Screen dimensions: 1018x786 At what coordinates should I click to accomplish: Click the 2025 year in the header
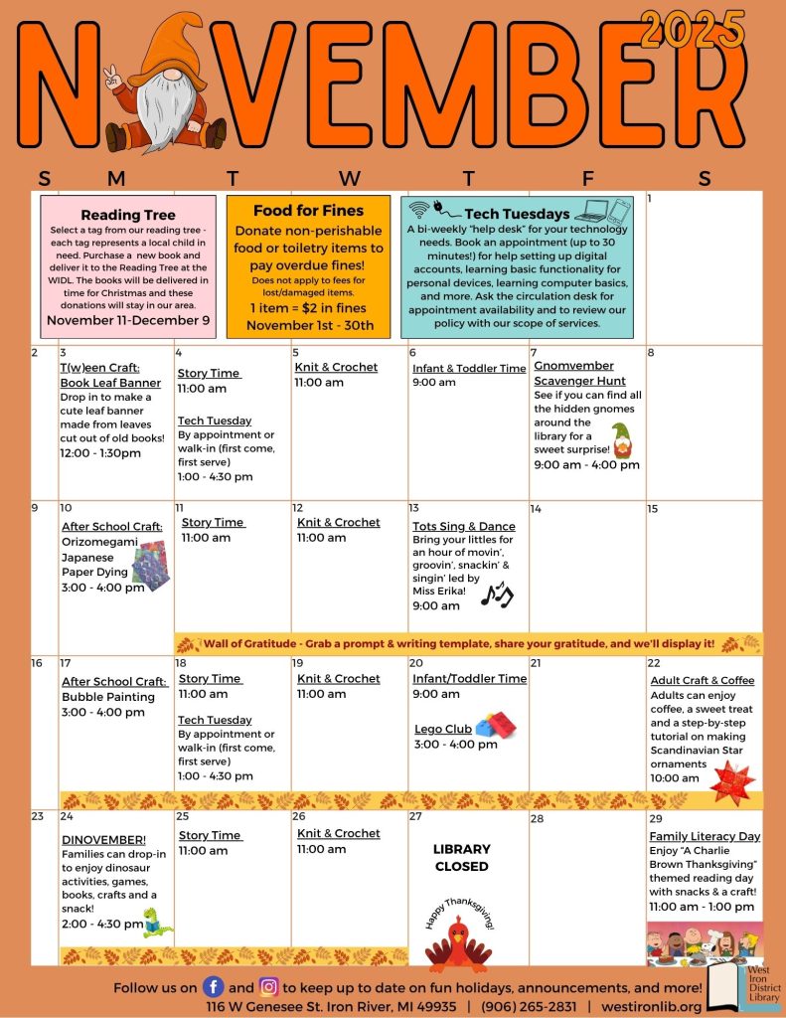[693, 29]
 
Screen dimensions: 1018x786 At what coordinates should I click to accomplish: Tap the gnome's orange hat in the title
[168, 45]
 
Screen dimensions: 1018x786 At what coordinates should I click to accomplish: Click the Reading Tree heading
[128, 215]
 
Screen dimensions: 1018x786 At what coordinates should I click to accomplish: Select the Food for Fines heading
[308, 211]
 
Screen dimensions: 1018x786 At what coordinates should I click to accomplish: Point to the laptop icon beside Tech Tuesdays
[590, 211]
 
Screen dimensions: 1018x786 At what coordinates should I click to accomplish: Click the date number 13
[414, 508]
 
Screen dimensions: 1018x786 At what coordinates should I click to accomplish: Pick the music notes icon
[496, 594]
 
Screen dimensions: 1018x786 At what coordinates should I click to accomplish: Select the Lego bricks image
[495, 726]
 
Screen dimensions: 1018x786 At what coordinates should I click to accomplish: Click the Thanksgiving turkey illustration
[458, 940]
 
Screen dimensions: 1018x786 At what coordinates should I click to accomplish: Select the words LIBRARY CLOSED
[461, 857]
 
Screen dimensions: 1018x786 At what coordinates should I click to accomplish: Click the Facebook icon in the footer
[213, 987]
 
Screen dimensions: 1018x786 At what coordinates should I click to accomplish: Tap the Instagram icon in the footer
[268, 987]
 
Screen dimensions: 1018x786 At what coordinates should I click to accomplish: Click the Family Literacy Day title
[705, 836]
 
